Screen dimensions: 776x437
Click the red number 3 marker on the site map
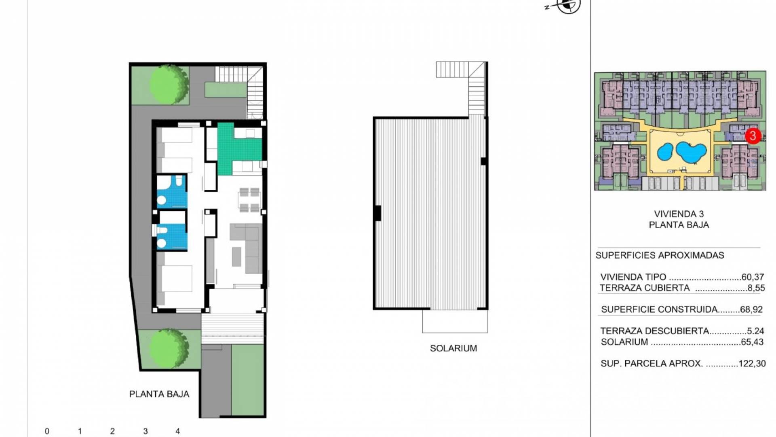point(753,136)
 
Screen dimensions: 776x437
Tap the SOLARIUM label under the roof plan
point(453,348)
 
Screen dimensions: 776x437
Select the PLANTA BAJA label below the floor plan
point(159,394)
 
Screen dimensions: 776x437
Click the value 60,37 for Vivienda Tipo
point(753,277)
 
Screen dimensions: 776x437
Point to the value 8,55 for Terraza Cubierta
point(756,288)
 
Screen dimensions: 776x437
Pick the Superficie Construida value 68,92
point(751,310)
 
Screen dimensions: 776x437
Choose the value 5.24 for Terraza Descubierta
point(755,331)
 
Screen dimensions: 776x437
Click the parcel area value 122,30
point(752,364)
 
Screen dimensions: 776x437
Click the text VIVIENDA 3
point(679,214)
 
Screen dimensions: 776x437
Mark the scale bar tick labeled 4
point(177,431)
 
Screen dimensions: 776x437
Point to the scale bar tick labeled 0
point(47,431)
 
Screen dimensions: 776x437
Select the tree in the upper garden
point(169,84)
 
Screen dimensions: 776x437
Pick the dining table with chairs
point(249,200)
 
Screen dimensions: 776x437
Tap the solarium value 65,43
point(752,342)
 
